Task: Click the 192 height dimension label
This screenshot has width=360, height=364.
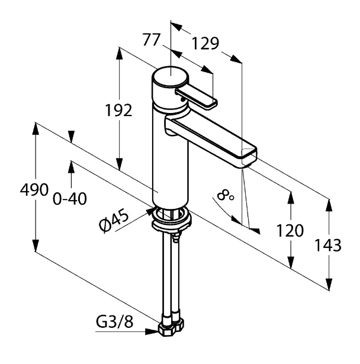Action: click(118, 111)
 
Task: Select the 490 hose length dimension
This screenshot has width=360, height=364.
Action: click(34, 189)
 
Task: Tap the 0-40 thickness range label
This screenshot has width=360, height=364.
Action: click(70, 199)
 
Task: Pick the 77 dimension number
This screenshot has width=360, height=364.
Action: click(152, 40)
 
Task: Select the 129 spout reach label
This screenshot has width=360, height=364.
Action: click(205, 44)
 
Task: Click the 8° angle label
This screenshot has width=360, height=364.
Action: click(226, 196)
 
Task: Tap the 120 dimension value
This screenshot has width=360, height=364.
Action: click(290, 231)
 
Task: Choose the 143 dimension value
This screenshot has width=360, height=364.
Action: click(327, 246)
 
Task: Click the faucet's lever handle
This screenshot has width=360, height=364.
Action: click(197, 98)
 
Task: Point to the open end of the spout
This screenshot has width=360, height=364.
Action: click(249, 157)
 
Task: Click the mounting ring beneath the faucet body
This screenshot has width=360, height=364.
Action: click(172, 219)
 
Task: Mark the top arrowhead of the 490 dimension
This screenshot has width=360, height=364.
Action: click(36, 129)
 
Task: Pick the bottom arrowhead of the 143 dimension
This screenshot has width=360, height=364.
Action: click(329, 284)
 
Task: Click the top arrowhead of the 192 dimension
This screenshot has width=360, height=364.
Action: click(120, 54)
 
